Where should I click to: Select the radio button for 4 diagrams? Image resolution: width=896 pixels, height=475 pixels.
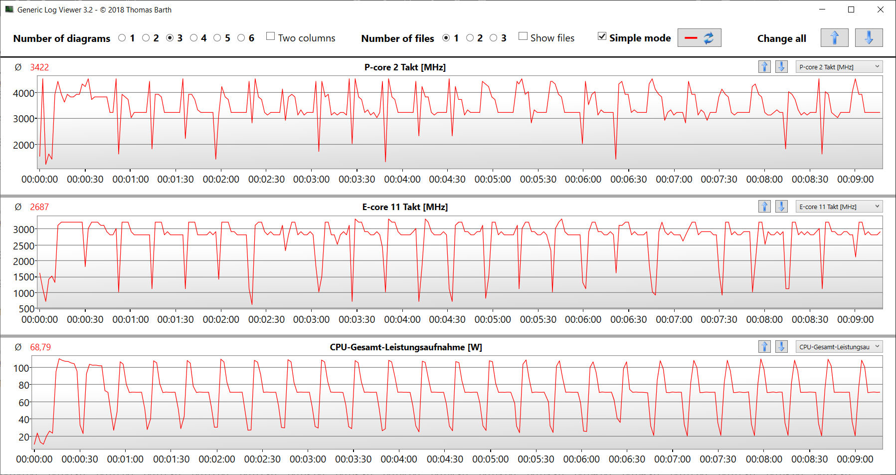194,38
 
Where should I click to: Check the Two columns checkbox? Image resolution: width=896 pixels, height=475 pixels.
271,36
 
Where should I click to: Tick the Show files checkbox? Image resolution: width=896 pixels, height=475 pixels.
523,36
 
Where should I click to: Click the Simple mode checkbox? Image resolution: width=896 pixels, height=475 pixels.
602,36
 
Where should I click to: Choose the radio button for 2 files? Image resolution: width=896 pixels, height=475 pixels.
470,38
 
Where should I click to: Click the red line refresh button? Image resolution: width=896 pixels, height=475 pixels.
699,38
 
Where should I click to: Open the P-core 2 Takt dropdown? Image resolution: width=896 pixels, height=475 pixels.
840,67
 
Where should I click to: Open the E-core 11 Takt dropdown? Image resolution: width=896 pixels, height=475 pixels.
840,207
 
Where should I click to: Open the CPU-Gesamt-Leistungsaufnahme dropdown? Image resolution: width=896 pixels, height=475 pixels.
840,347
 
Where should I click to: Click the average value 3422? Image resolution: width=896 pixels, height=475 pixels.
39,67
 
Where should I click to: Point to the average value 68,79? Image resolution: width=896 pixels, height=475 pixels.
40,347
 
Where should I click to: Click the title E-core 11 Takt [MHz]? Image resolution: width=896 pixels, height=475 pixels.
405,207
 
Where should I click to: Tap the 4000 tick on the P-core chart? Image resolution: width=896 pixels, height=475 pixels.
23,93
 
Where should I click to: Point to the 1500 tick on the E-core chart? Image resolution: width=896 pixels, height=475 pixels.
23,277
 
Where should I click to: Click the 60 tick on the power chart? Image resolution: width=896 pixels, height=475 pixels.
24,403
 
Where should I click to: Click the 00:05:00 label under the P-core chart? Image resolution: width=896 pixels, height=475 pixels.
493,179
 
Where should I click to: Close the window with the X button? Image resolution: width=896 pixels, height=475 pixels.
881,9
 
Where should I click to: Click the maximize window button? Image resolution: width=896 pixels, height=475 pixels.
851,9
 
